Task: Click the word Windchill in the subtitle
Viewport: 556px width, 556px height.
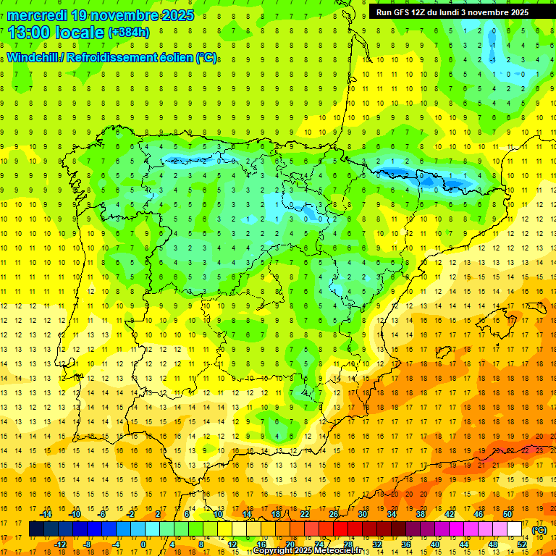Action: point(32,58)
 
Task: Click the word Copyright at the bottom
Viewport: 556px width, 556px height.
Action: point(273,551)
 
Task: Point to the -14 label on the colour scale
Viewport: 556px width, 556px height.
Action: point(46,514)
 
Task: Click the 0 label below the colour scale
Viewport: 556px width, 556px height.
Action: point(143,544)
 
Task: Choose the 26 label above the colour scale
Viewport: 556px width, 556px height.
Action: point(334,514)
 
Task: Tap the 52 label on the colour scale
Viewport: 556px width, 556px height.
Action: point(522,544)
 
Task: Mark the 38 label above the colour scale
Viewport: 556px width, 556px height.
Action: point(420,514)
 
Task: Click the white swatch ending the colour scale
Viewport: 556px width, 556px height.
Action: point(514,529)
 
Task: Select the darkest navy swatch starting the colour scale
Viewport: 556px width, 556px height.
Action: point(36,529)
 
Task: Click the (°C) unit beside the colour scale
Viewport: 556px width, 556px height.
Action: point(539,530)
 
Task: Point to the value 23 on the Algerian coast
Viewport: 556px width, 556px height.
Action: point(539,450)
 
